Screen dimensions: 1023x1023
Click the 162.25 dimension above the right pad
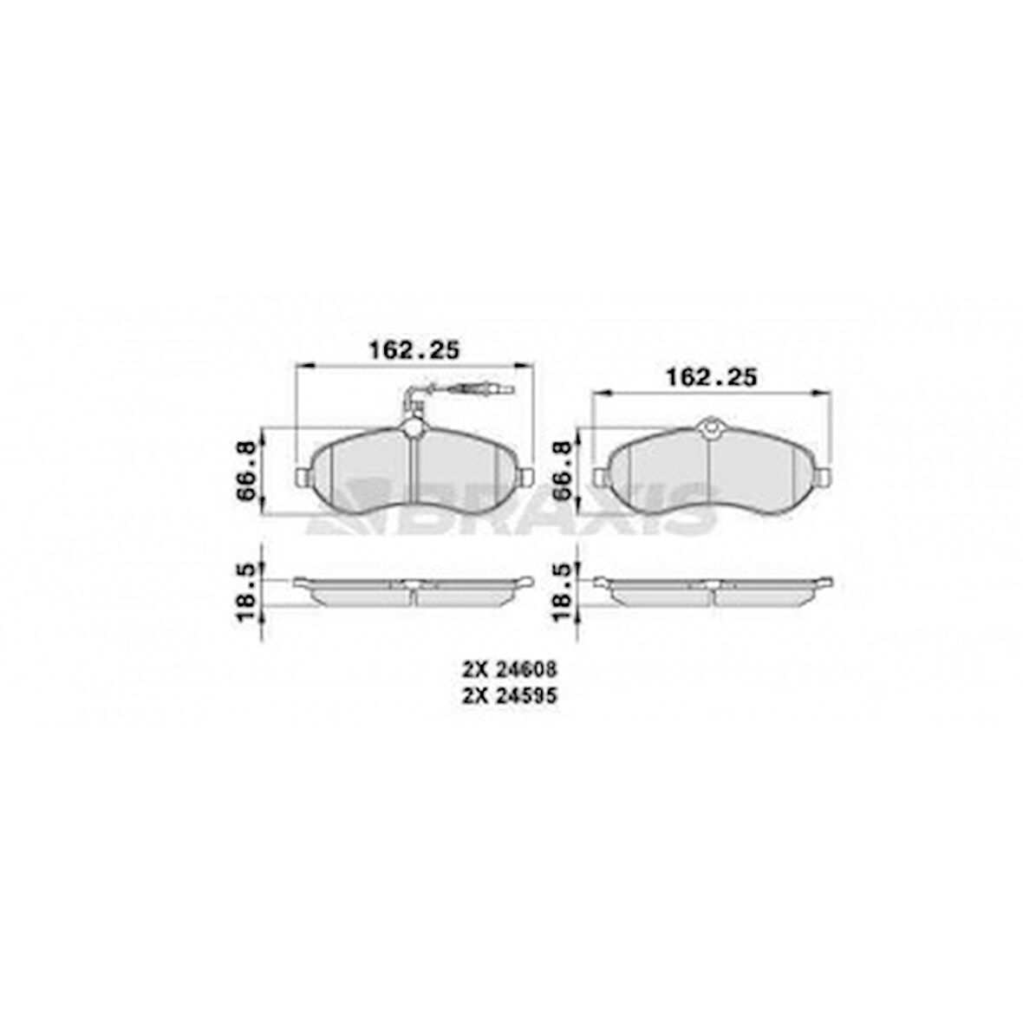710,378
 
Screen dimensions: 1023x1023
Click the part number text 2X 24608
509,669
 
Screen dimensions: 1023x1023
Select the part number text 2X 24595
509,694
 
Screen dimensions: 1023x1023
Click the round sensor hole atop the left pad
414,427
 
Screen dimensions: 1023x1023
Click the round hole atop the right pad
710,427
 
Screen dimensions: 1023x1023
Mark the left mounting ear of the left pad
302,477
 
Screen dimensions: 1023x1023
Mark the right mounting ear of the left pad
528,476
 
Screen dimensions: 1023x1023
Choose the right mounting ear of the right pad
825,476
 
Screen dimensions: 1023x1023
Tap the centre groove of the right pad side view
711,593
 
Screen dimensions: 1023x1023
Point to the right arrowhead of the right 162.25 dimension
825,394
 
